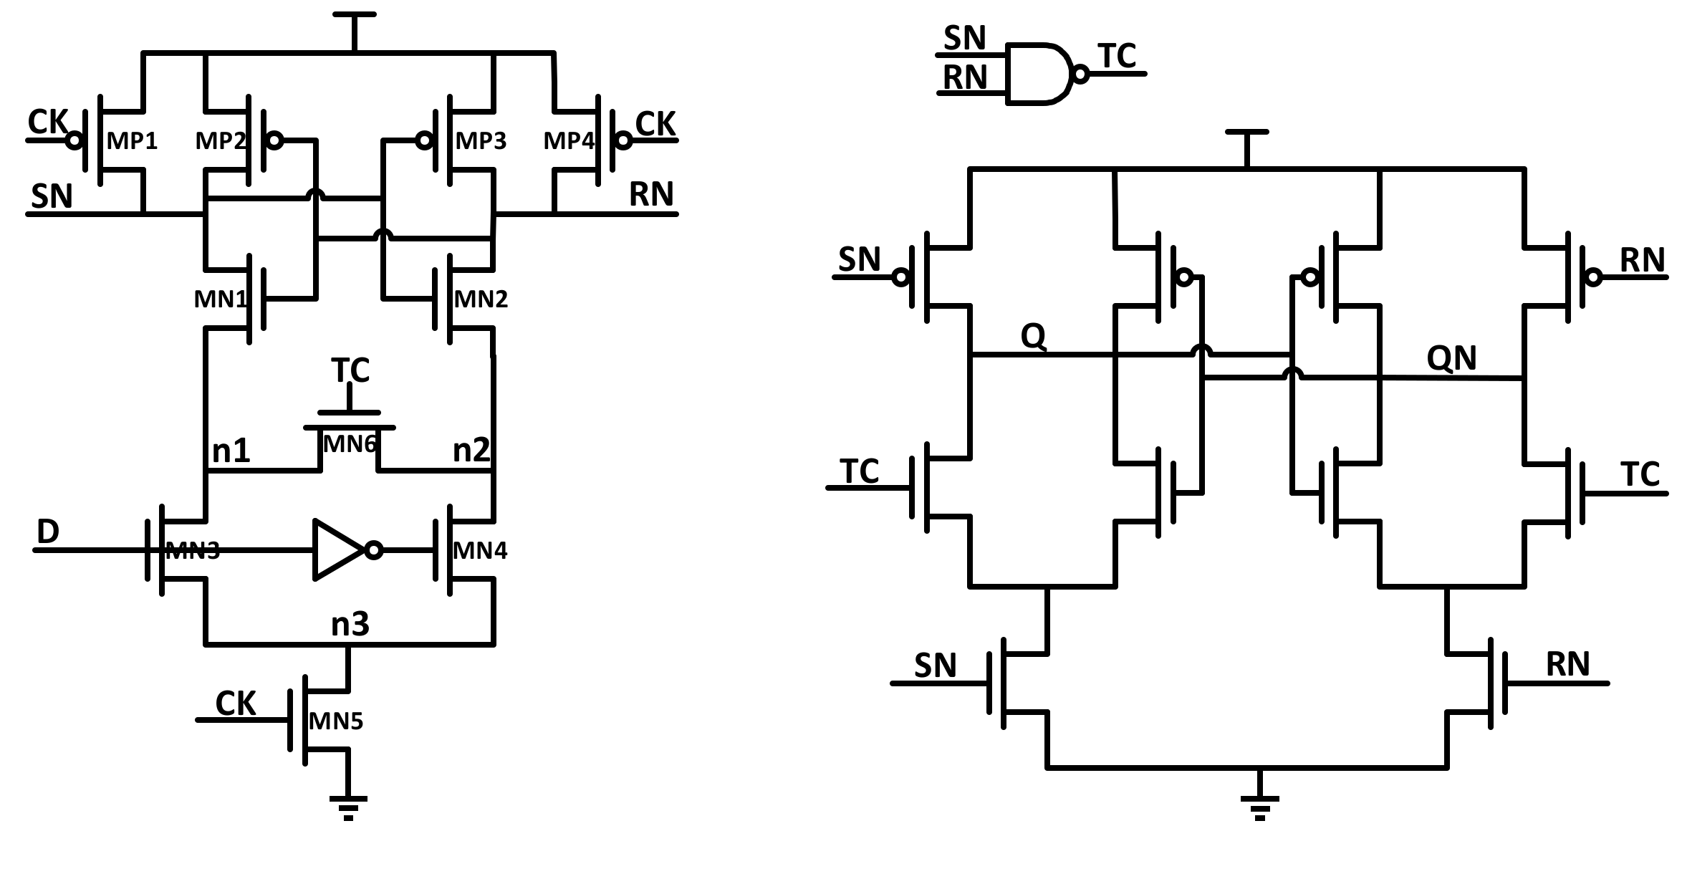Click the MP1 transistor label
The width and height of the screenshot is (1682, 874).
(132, 141)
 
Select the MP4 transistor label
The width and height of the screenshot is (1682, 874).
(568, 141)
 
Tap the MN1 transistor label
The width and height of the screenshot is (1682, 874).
(219, 299)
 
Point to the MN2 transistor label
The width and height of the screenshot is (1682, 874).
(481, 299)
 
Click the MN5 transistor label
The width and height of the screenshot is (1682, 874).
(336, 721)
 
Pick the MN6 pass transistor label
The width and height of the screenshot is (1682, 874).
(350, 444)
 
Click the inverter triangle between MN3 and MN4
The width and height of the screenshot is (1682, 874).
(338, 550)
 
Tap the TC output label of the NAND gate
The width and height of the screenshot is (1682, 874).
(1116, 56)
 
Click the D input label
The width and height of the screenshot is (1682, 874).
(47, 532)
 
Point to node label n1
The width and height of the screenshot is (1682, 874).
(231, 451)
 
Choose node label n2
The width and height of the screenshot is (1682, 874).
(471, 451)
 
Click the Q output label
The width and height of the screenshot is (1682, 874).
(1033, 336)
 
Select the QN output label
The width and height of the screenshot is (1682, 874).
(1451, 358)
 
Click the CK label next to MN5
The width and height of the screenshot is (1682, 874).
(235, 704)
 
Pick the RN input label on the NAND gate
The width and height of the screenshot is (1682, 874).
(964, 77)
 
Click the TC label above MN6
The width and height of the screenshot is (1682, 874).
(350, 371)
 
